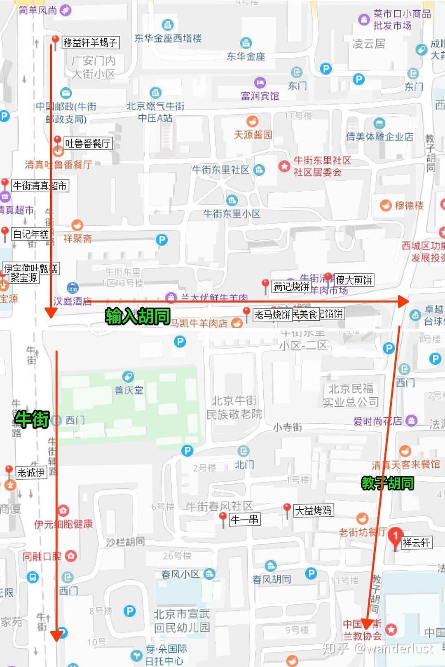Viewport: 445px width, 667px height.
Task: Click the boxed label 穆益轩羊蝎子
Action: coord(90,42)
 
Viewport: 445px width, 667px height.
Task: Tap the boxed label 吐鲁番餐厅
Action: coord(87,143)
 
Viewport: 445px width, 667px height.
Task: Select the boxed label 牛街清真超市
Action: coord(40,186)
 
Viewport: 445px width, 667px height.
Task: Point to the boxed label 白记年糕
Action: coord(30,234)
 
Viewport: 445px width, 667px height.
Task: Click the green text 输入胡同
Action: coord(138,316)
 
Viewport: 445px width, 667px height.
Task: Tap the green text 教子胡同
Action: coord(387,483)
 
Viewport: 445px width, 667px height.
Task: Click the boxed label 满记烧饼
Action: coord(291,287)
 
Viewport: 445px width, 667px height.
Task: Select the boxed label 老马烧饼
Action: coord(272,315)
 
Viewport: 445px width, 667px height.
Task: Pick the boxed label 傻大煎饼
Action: coord(354,280)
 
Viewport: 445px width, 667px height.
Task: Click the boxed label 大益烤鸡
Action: coord(313,511)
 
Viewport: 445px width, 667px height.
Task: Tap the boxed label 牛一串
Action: coord(244,519)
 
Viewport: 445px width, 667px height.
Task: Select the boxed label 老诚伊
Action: coord(31,473)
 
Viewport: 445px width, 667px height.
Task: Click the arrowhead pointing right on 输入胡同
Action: coord(403,301)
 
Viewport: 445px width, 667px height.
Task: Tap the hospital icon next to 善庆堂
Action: coord(128,376)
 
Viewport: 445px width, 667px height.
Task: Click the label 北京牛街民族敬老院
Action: coord(234,407)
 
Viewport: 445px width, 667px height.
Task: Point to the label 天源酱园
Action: coord(253,135)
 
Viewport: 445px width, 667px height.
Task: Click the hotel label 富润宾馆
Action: coord(260,96)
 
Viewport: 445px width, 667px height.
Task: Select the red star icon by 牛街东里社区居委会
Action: coord(284,166)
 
